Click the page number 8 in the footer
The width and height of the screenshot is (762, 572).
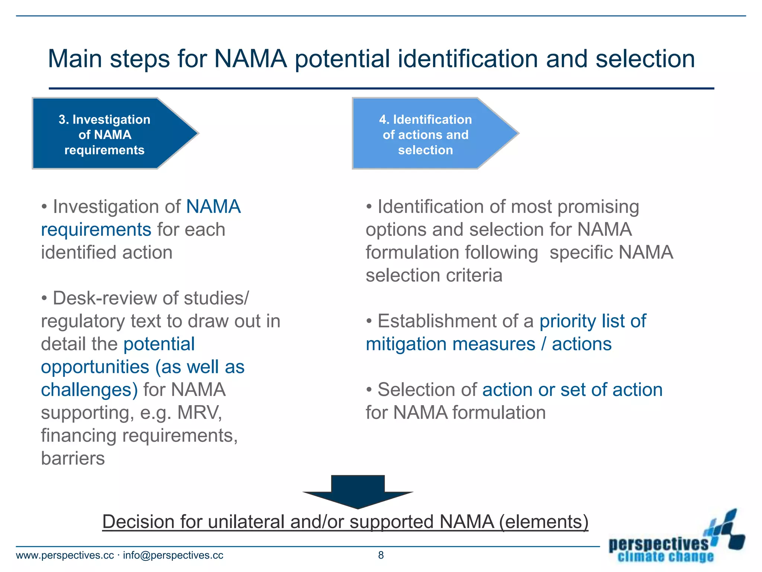[x=381, y=555]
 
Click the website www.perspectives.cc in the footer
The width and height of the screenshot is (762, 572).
[x=65, y=555]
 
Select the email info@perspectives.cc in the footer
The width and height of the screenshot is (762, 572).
[x=173, y=555]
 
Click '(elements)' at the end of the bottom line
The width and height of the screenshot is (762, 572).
[x=544, y=521]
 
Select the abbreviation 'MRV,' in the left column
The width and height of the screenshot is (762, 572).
[x=200, y=413]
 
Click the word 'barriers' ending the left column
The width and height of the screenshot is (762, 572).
[x=73, y=458]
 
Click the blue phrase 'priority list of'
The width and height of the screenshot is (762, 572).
[x=593, y=321]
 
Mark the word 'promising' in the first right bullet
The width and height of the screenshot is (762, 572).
[x=598, y=207]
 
